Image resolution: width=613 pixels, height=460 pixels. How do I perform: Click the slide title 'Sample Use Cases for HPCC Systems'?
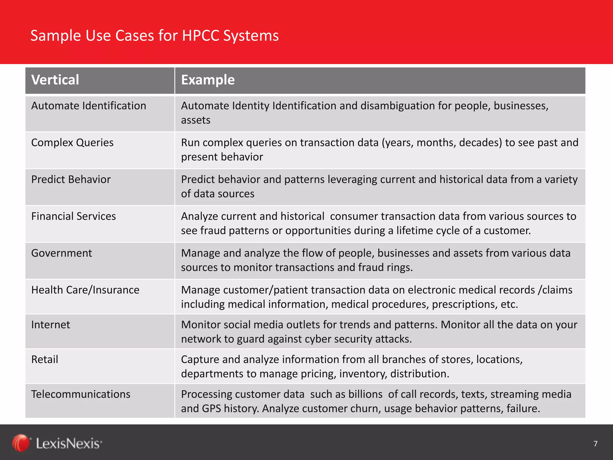(154, 36)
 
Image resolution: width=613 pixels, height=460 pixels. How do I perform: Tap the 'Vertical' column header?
(55, 80)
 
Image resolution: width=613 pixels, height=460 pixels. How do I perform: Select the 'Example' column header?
(208, 80)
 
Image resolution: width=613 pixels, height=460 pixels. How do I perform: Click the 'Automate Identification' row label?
(89, 106)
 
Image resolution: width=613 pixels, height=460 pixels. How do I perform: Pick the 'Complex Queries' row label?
(72, 143)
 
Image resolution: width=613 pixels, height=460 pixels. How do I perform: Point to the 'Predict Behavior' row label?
(71, 180)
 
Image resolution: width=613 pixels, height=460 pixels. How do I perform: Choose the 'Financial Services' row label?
(73, 217)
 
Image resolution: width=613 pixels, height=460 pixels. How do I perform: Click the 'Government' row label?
(61, 253)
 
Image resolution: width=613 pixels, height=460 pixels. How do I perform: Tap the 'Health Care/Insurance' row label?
(85, 290)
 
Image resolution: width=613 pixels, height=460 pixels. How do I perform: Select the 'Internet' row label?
(51, 325)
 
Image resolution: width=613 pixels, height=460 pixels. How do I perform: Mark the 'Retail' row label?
(45, 360)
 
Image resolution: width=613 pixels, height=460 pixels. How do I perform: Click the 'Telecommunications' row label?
(81, 394)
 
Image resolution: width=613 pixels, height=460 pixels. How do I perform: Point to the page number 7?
(595, 444)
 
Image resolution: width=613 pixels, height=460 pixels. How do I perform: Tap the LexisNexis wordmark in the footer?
(69, 444)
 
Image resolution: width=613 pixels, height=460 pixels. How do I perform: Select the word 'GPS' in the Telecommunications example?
(212, 409)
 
